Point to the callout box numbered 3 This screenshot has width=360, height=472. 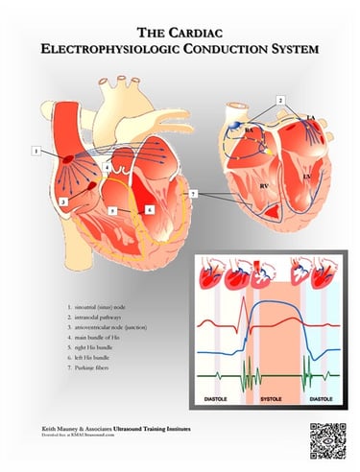(x=61, y=202)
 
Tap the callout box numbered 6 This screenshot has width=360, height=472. (x=150, y=208)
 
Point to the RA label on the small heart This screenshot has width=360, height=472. (x=248, y=129)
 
